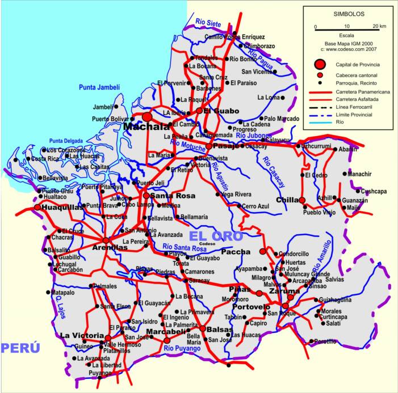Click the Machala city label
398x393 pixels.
coord(146,126)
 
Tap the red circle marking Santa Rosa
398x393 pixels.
coord(146,196)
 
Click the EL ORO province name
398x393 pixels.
coord(216,236)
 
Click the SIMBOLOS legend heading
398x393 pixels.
coord(349,13)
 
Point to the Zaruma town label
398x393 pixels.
coord(284,290)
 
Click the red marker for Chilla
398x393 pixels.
coord(302,200)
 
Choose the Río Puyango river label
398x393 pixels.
coord(181,349)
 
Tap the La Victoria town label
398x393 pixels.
coord(82,336)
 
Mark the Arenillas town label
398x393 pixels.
coord(109,248)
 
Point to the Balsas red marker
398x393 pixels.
coord(202,328)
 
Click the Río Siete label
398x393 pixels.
coord(208,22)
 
